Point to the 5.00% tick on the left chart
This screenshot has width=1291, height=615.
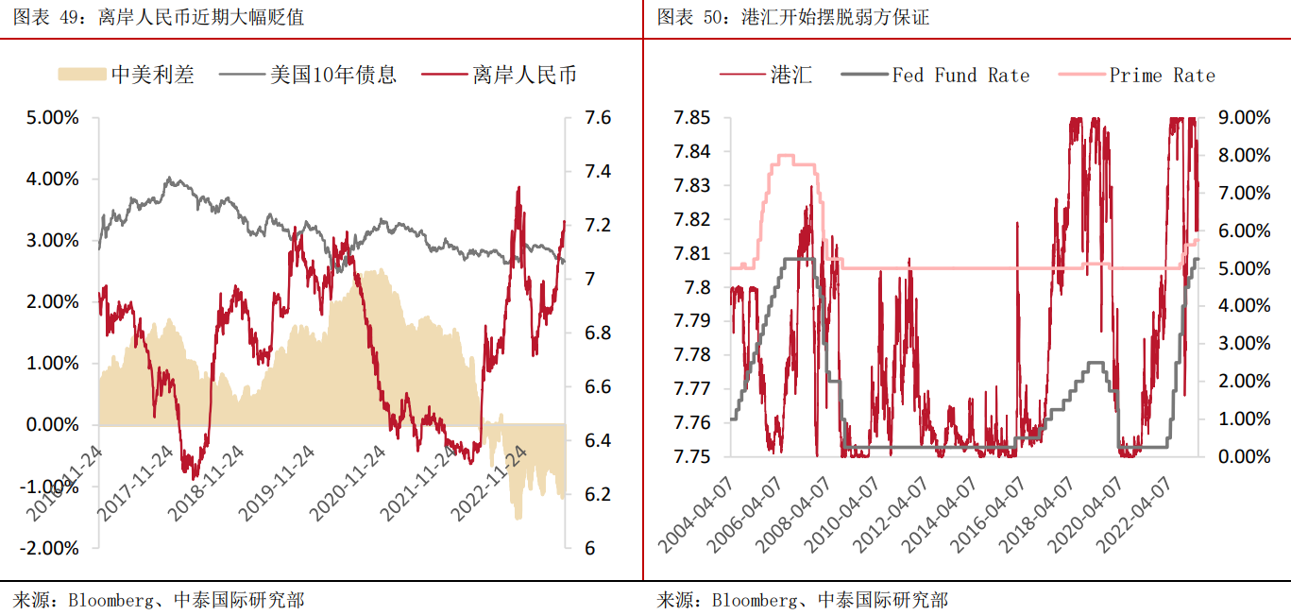pos(53,118)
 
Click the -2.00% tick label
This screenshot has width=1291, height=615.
pos(50,548)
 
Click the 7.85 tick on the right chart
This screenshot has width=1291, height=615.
pos(692,118)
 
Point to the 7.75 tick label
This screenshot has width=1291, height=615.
pos(692,456)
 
